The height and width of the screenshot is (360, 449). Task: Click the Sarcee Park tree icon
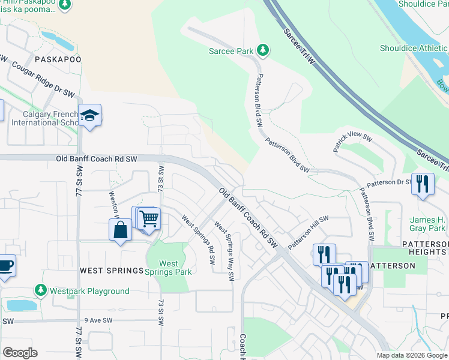pos(262,49)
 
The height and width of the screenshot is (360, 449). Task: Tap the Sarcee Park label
pos(231,52)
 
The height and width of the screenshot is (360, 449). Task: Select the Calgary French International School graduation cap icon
pos(89,115)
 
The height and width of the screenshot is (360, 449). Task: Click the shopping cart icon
pos(149,218)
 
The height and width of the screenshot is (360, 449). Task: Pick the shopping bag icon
pos(120,229)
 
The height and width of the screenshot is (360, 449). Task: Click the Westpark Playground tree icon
pos(41,291)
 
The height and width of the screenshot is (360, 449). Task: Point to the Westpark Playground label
pos(89,292)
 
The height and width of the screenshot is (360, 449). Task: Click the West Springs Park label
pos(169,268)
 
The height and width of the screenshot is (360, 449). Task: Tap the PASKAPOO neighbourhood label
pos(58,59)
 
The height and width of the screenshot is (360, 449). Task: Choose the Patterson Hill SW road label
pos(309,233)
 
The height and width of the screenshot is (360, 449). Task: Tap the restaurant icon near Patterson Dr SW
pos(423,184)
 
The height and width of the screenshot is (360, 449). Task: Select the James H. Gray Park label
pos(427,224)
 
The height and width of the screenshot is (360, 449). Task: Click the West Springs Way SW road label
pos(224,253)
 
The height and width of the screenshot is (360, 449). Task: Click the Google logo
pos(20,353)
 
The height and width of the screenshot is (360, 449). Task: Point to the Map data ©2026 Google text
pos(412,355)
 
